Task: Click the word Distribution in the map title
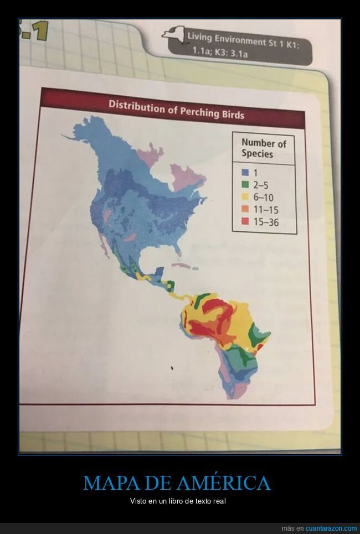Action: click(x=137, y=105)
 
